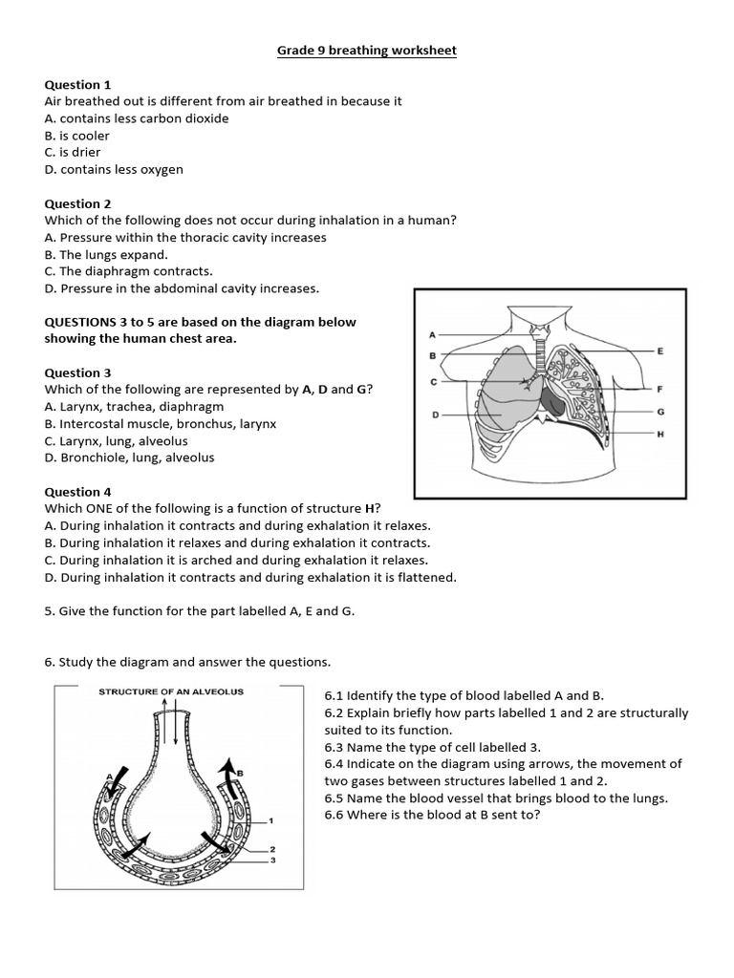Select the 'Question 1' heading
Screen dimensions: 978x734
click(x=78, y=85)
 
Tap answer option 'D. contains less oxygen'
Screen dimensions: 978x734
click(x=114, y=169)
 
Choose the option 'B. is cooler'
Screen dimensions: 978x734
click(x=77, y=136)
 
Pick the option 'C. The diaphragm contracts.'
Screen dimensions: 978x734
click(x=129, y=271)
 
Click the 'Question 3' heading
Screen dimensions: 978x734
click(x=78, y=372)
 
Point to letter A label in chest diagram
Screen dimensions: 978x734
click(x=433, y=335)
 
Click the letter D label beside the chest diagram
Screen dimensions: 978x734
click(x=435, y=415)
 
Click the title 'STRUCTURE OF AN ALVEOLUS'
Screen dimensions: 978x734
click(x=171, y=691)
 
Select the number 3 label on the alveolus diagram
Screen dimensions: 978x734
click(x=272, y=861)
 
